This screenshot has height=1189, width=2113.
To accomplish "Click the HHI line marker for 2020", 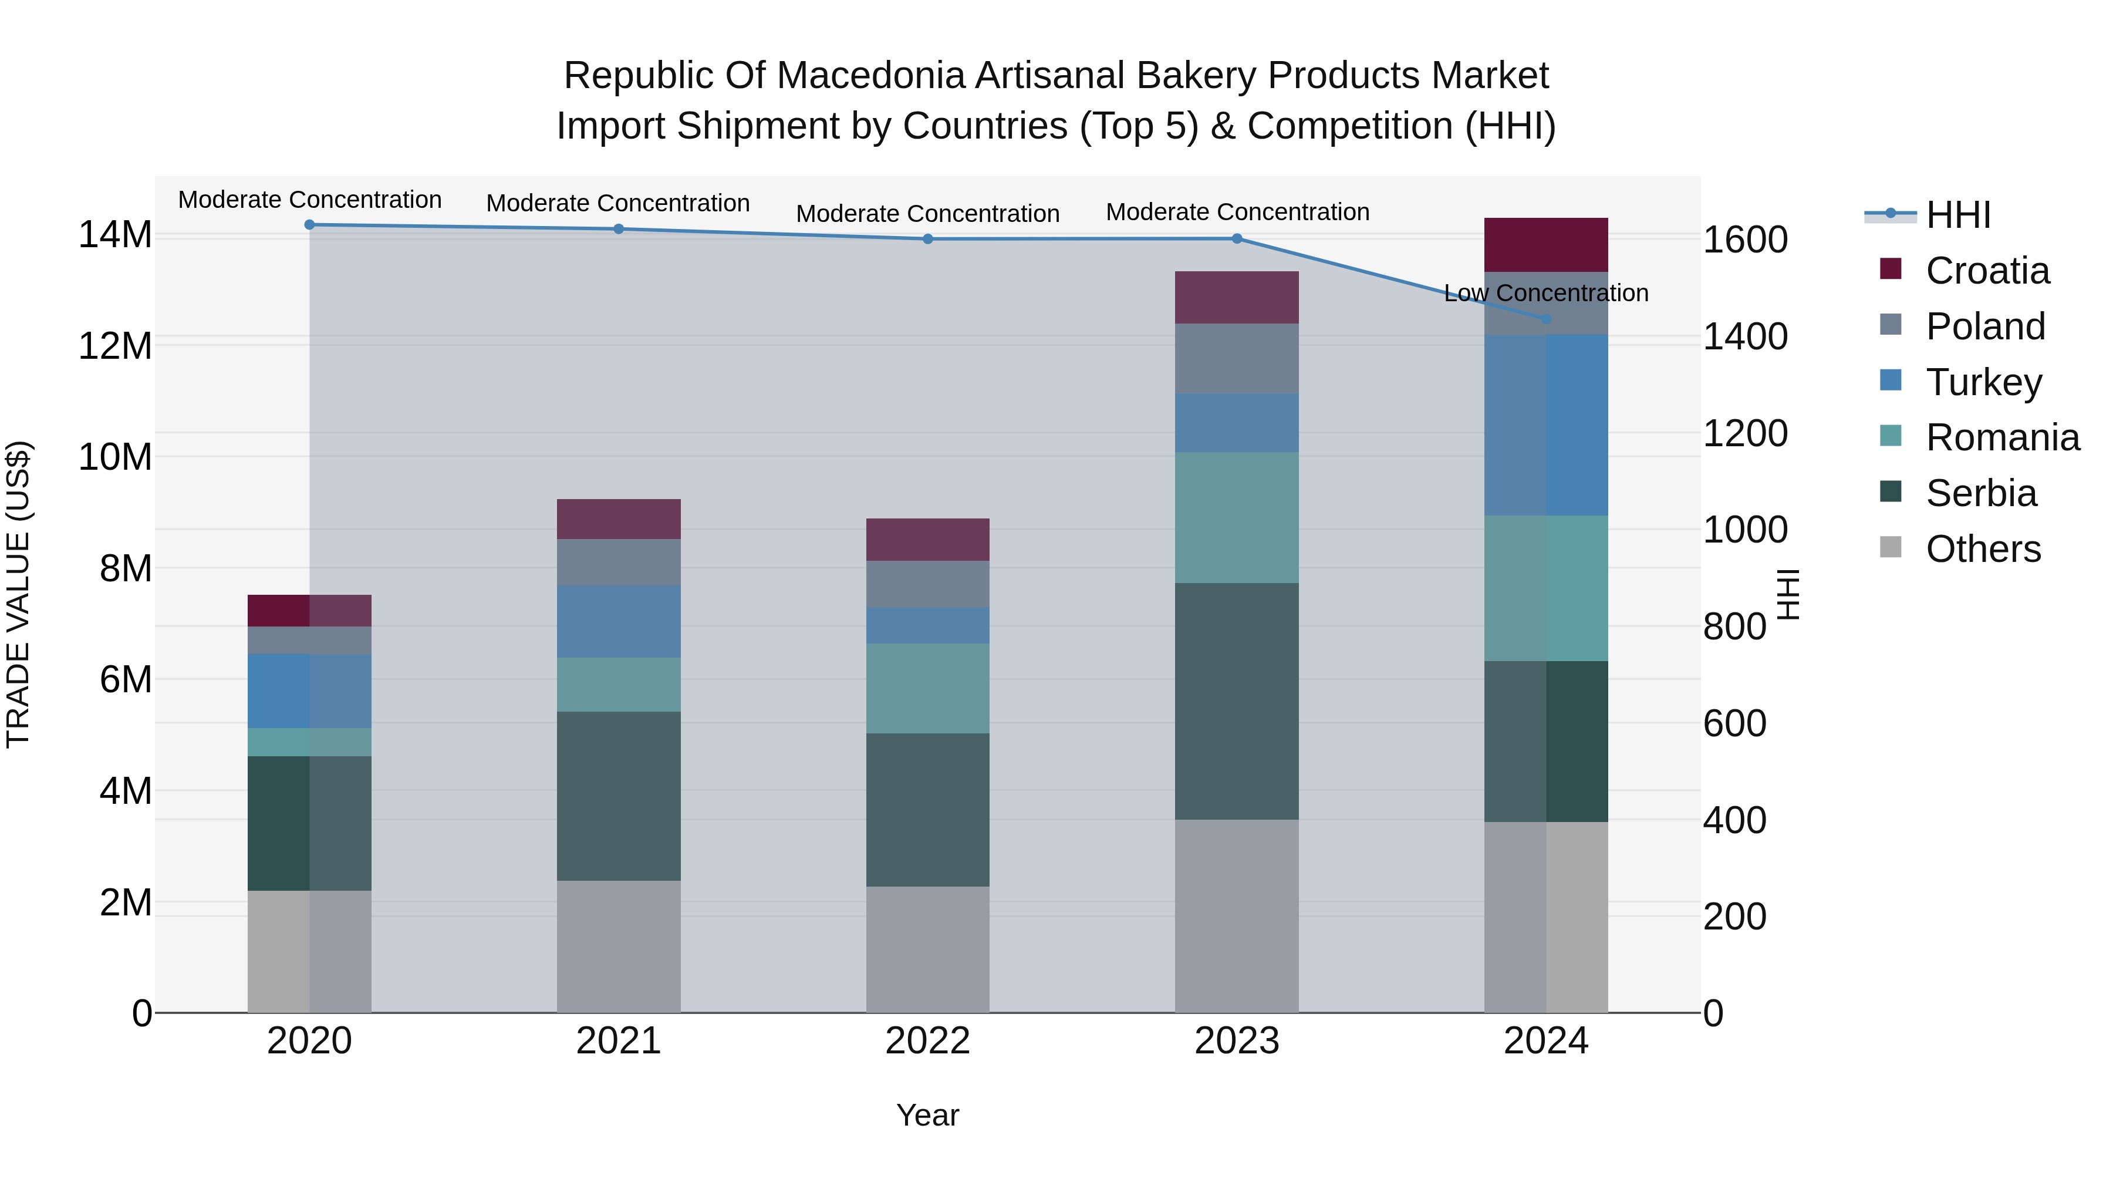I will (x=309, y=225).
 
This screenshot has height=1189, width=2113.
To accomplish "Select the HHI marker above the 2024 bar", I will (x=1546, y=318).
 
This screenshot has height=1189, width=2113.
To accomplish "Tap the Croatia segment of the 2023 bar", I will (x=1236, y=297).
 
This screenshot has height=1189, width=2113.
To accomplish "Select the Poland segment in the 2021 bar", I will (x=619, y=562).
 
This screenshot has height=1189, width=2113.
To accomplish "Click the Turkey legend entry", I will (x=1983, y=382).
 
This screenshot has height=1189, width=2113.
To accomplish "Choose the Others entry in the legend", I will (x=1983, y=549).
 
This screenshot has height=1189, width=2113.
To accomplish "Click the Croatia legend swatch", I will (x=1890, y=269).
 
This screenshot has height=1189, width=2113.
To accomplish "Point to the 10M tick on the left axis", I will (x=115, y=457).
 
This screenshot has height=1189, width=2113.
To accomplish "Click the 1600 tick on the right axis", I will (x=1746, y=240).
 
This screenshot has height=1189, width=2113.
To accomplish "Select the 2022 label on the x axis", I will (x=928, y=1041).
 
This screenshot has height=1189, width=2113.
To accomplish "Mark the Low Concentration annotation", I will (x=1545, y=293).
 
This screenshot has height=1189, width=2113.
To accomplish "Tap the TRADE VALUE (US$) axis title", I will (x=18, y=594).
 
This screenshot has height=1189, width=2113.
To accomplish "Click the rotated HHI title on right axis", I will (x=1789, y=594).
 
